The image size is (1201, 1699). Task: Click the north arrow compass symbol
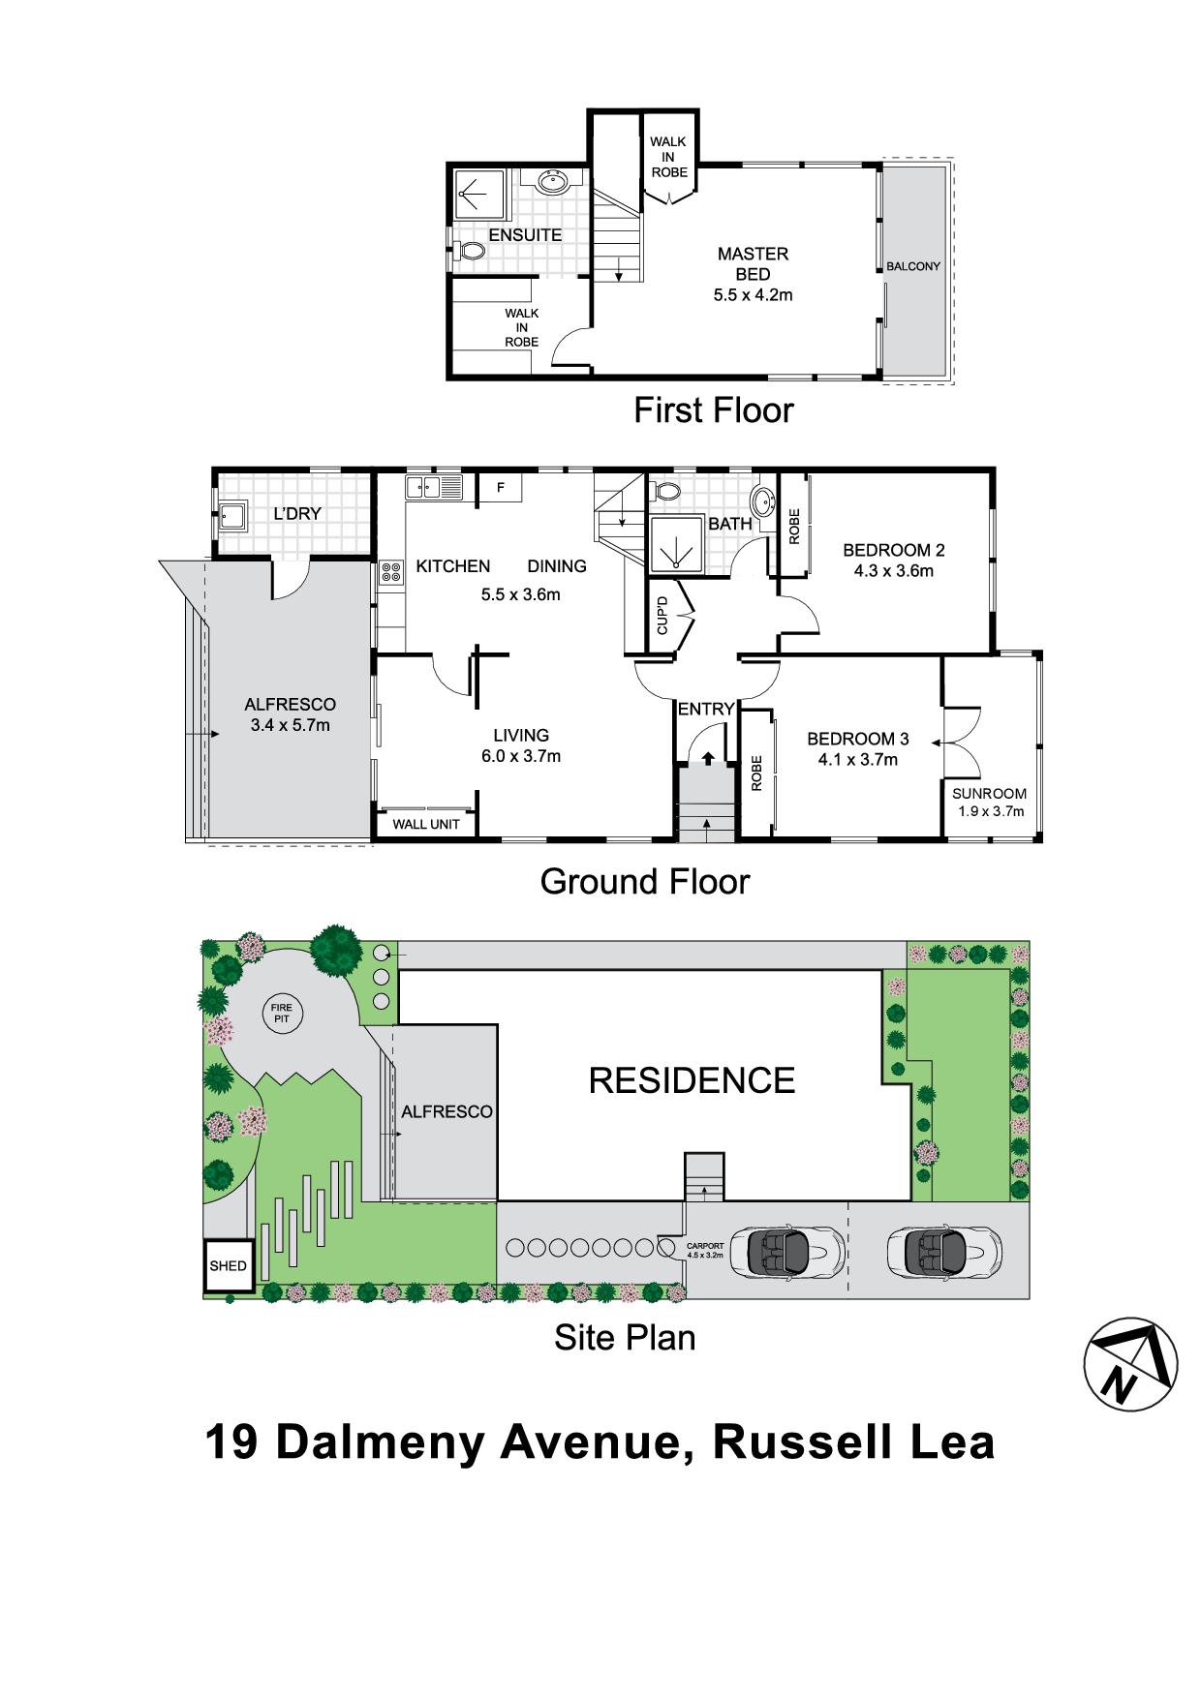1129,1363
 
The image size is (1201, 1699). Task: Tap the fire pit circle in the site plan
281,1014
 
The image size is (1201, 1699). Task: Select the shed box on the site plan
229,1265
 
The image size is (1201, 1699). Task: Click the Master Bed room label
753,263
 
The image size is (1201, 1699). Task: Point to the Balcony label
912,266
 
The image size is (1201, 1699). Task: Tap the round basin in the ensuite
552,182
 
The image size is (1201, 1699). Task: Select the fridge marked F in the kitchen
502,487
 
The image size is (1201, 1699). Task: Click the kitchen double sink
433,487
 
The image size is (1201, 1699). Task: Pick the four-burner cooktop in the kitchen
391,572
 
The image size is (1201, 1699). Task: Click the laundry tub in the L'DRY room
231,515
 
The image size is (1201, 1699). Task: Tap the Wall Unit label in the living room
426,824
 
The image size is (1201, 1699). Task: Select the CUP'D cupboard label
662,615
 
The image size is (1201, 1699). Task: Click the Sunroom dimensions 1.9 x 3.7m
990,811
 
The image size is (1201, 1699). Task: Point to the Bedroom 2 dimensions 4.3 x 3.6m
893,571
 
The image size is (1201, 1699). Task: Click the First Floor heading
713,410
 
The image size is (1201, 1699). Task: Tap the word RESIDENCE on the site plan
692,1080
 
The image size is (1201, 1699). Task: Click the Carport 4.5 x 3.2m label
704,1250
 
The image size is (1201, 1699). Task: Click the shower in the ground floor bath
675,547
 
